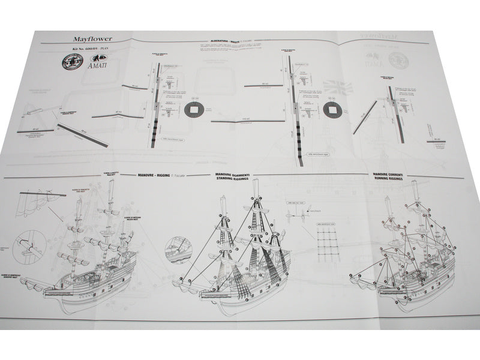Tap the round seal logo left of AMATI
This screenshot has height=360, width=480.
coord(73,63)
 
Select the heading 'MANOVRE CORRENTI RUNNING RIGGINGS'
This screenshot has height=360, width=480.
coord(394,176)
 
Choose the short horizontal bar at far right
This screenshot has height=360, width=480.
coord(444,141)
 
